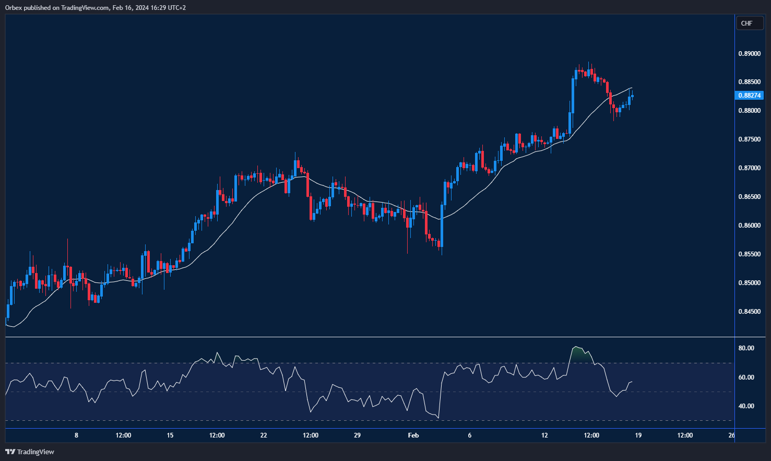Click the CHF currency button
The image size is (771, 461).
[749, 23]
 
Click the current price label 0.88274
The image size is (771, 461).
[749, 95]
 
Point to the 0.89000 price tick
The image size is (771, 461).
[749, 54]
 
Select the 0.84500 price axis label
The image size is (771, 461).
[749, 312]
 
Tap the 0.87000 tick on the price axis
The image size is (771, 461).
[749, 168]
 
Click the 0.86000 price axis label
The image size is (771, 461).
[749, 226]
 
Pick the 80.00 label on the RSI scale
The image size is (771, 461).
[746, 348]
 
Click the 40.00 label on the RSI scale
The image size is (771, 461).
[746, 406]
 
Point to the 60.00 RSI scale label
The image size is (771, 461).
[746, 377]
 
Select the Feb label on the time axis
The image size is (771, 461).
[413, 435]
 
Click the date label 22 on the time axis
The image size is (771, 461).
[264, 435]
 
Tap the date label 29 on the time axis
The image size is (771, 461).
[357, 435]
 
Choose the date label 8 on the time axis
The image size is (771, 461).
[77, 435]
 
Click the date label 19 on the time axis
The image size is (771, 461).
[638, 435]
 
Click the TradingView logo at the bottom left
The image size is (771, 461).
[30, 452]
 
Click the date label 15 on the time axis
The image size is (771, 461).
[170, 435]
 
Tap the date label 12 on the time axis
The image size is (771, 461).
[544, 435]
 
